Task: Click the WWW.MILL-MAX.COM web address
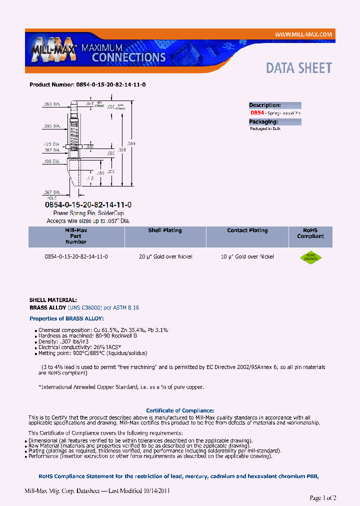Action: click(x=303, y=34)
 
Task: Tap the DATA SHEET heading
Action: click(x=298, y=68)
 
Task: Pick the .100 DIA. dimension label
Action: click(x=51, y=161)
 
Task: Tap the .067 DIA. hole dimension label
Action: click(x=51, y=192)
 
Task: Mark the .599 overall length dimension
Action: click(x=131, y=143)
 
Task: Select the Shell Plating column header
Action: click(x=164, y=230)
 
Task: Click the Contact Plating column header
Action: click(x=247, y=230)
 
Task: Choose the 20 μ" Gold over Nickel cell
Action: click(x=165, y=256)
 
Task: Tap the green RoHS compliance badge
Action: click(x=310, y=257)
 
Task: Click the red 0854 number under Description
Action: click(x=257, y=113)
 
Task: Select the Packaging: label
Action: click(x=263, y=121)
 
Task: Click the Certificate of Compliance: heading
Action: click(x=180, y=410)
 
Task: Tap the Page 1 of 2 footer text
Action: click(x=323, y=497)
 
